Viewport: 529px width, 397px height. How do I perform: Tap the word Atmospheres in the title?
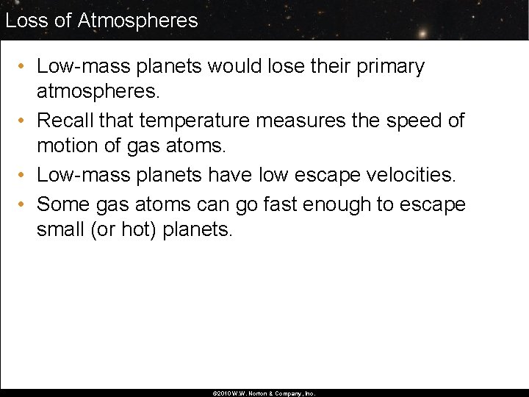[x=137, y=20]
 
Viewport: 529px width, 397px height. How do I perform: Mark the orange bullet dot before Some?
[x=24, y=204]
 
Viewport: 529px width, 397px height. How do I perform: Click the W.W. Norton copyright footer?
[x=264, y=393]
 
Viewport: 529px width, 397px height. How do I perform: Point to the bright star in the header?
[x=423, y=34]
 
